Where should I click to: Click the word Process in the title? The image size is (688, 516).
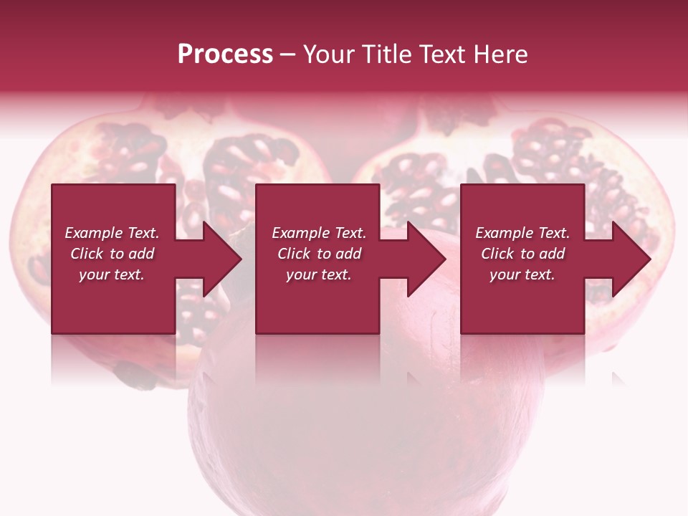point(225,54)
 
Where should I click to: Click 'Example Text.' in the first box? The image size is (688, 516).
point(112,233)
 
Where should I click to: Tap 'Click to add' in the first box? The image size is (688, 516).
point(112,254)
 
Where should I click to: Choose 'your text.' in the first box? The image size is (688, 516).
point(112,274)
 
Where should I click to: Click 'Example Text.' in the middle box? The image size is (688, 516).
point(319,233)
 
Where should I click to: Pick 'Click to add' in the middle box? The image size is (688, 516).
point(319,254)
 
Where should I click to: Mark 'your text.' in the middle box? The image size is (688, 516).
point(319,274)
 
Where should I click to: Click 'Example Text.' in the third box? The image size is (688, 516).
point(522,233)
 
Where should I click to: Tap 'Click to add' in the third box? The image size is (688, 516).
point(522,254)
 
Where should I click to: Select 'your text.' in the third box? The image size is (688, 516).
point(522,274)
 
